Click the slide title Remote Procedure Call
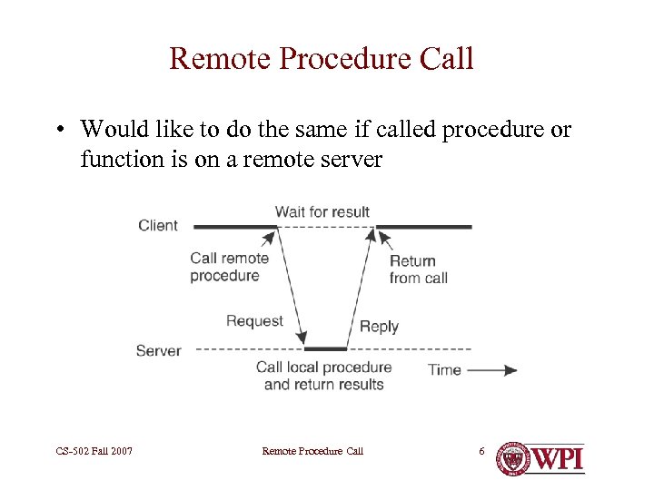coord(322,59)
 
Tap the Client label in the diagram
coord(158,225)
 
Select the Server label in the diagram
coord(158,350)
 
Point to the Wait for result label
coord(322,211)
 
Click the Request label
coord(254,320)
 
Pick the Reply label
coord(379,327)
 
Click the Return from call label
coord(418,269)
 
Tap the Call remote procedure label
coord(229,267)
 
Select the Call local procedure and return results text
coord(323,376)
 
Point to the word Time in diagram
coord(444,369)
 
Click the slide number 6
coord(481,451)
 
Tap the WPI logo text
coord(558,458)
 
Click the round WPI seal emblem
coord(513,458)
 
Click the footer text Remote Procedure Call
coord(312,451)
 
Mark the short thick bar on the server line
coord(325,348)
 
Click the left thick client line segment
coord(234,226)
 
